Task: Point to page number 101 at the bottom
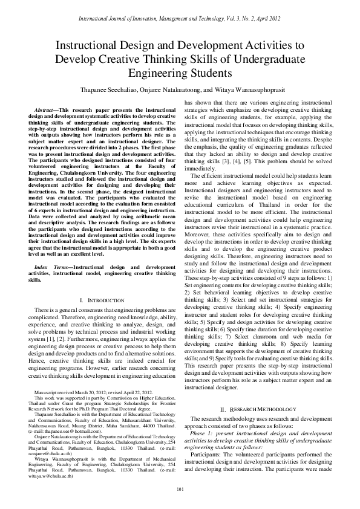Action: pyautogui.click(x=180, y=488)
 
